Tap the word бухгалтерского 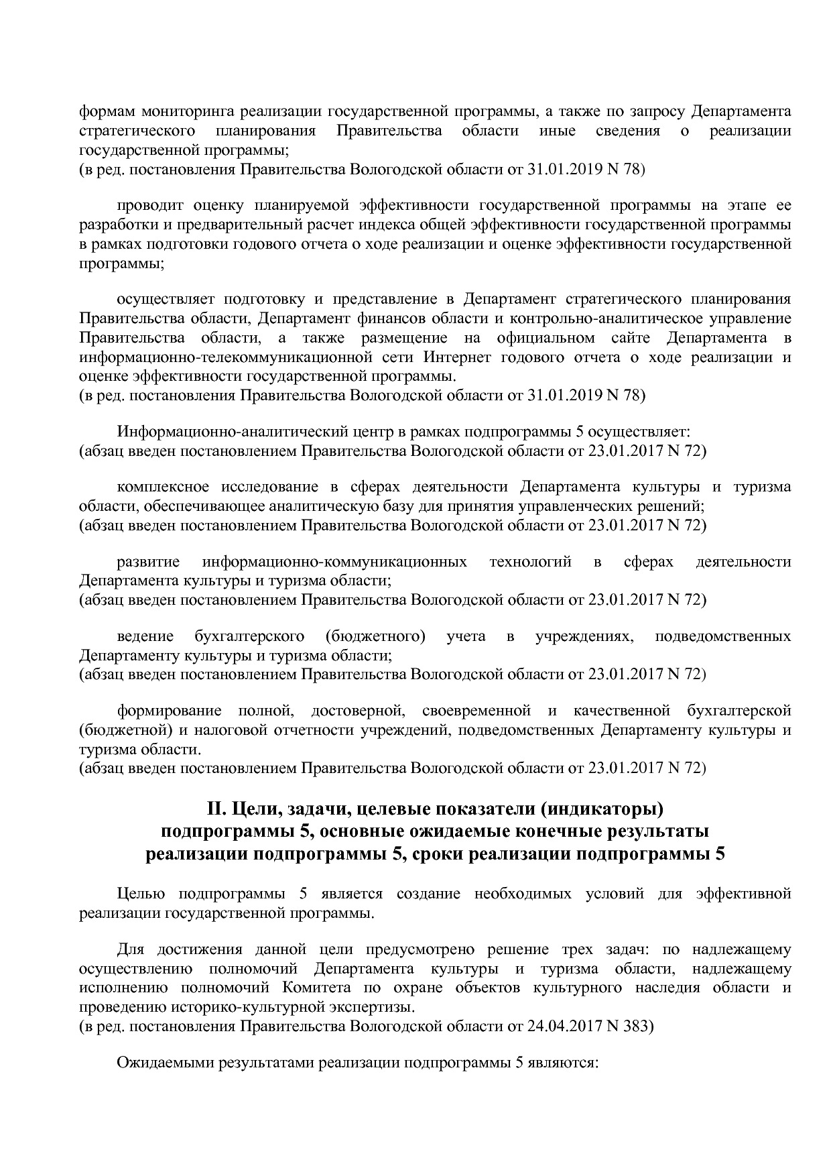point(249,636)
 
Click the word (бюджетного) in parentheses point(375,636)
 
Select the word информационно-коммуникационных point(334,561)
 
